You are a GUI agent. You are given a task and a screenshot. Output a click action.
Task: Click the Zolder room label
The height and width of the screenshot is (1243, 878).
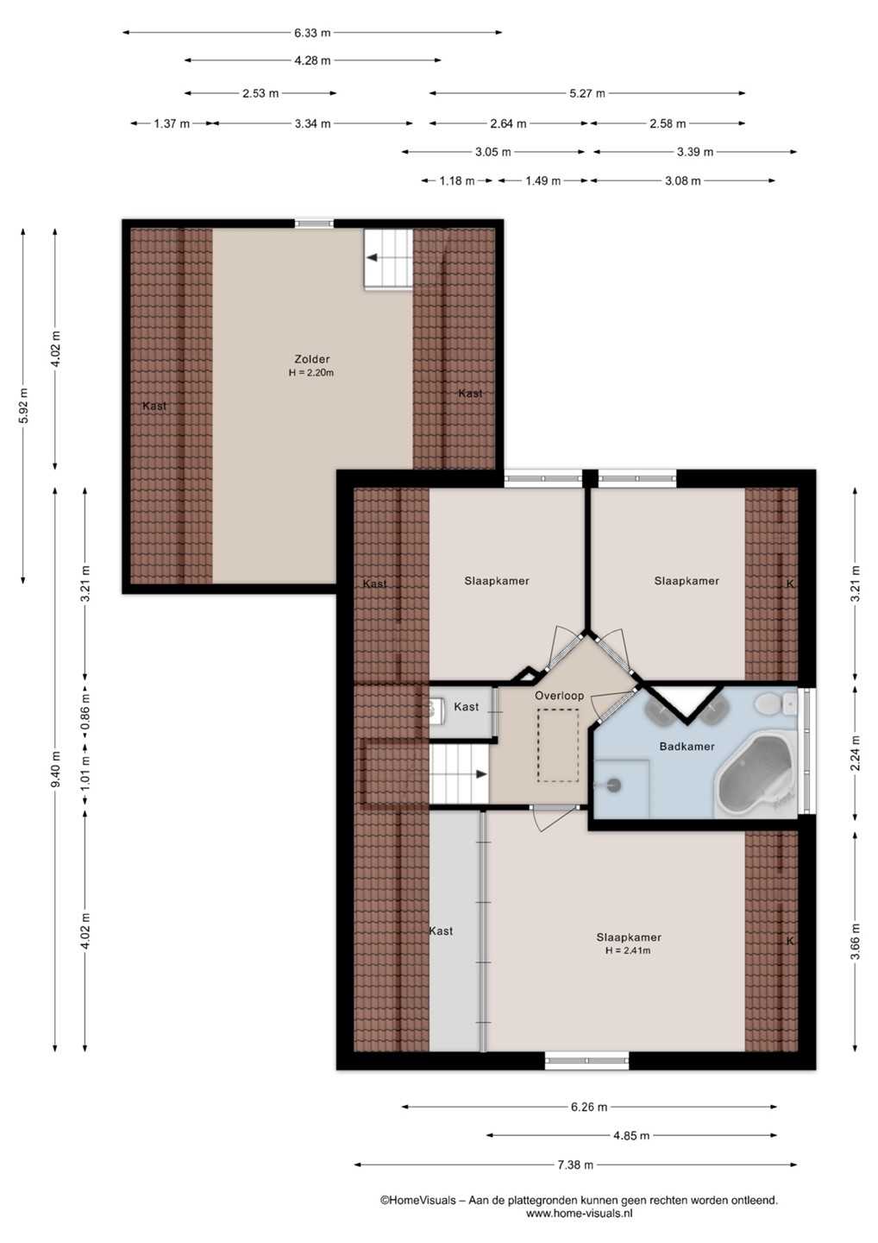(312, 359)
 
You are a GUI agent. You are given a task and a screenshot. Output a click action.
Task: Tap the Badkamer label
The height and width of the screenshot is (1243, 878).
(687, 747)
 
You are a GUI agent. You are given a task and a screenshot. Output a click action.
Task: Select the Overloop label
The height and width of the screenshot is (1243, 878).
(559, 696)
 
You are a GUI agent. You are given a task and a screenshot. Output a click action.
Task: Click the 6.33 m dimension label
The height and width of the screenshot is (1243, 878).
(312, 33)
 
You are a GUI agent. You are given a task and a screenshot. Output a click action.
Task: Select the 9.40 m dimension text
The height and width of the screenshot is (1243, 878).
(55, 768)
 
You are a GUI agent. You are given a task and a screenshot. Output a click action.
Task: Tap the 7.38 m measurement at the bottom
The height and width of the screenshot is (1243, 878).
(575, 1164)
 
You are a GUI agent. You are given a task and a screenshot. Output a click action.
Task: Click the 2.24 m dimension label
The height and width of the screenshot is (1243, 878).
(856, 753)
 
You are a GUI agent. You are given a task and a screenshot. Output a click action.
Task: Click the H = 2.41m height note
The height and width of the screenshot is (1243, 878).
(628, 950)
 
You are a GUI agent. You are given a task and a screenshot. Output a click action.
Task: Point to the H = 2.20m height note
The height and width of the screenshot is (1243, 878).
(311, 373)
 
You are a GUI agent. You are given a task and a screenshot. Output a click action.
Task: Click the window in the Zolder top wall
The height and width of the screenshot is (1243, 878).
(314, 224)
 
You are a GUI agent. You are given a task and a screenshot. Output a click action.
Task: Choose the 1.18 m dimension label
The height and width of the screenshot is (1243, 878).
(457, 180)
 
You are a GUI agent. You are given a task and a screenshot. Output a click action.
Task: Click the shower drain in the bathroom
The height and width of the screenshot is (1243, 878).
(613, 786)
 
